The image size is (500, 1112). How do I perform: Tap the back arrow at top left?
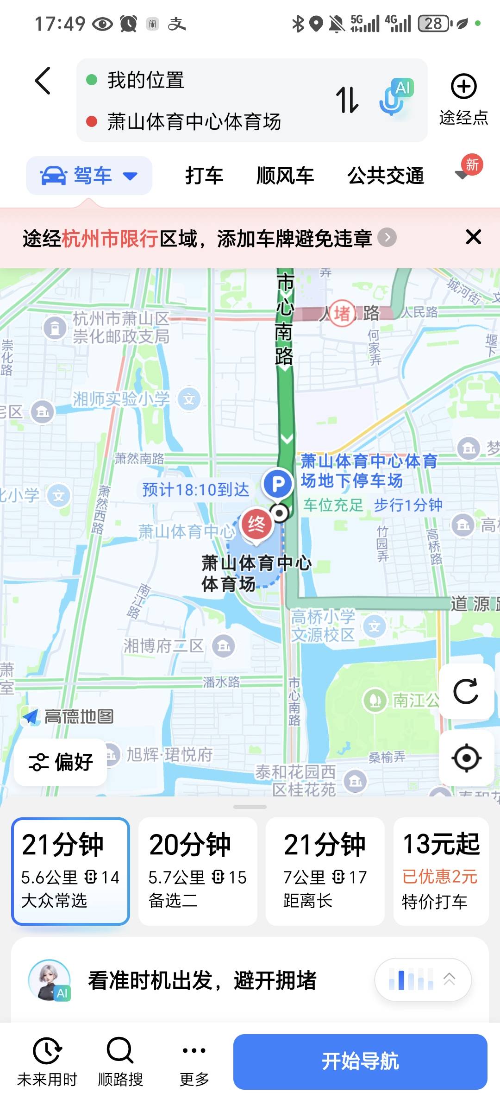tap(43, 81)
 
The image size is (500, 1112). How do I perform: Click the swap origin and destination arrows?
tap(347, 100)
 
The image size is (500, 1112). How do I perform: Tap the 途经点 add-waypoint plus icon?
tap(463, 87)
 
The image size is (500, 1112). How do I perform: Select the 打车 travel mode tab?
tap(204, 176)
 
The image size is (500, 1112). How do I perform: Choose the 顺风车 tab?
tap(285, 176)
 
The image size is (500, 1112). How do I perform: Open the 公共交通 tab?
tap(386, 176)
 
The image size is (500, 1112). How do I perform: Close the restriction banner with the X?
tap(473, 237)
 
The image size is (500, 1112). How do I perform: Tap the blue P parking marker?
tap(278, 484)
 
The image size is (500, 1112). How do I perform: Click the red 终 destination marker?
tap(256, 525)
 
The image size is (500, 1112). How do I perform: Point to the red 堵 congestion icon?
tap(342, 314)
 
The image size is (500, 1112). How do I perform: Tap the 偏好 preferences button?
tap(61, 762)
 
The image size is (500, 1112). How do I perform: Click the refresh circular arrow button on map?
tap(466, 692)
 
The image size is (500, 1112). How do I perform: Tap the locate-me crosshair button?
tap(466, 758)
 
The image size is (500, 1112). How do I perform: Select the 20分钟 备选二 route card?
tap(198, 872)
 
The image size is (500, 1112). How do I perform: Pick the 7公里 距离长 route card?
tap(325, 872)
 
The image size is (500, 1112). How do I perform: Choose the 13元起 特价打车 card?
tap(441, 872)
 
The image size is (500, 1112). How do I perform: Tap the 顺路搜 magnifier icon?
tap(120, 1050)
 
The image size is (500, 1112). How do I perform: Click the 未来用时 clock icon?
tap(47, 1050)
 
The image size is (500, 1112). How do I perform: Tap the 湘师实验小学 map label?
tap(121, 399)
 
